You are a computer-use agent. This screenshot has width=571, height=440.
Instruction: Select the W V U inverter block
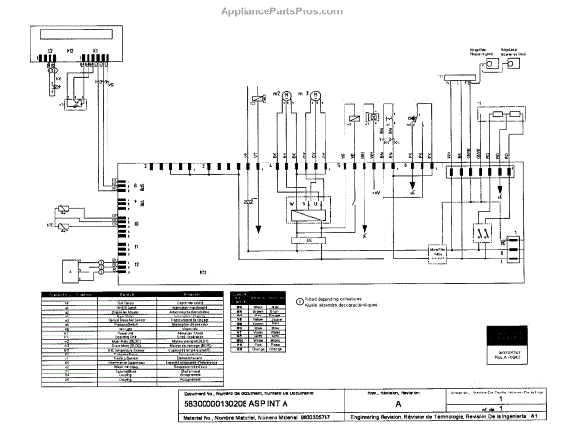point(305,203)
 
